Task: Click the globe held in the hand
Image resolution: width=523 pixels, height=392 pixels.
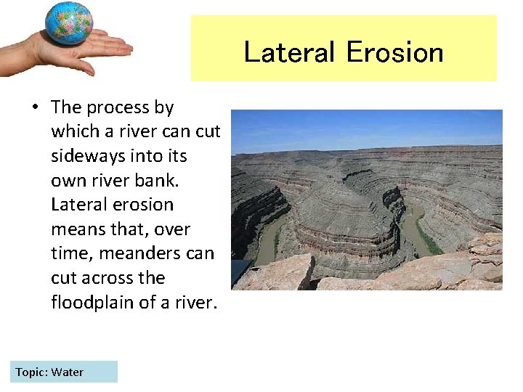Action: point(69,23)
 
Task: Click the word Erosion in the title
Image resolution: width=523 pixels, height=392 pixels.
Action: point(394,52)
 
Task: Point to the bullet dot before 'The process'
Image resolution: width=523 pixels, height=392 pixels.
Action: point(34,107)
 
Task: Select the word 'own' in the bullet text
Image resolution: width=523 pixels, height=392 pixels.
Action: point(67,180)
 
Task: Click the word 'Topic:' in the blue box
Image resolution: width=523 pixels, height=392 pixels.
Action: point(31,372)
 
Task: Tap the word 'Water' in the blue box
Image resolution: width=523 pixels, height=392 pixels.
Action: point(68,372)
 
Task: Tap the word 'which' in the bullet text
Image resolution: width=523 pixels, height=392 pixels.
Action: point(73,131)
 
